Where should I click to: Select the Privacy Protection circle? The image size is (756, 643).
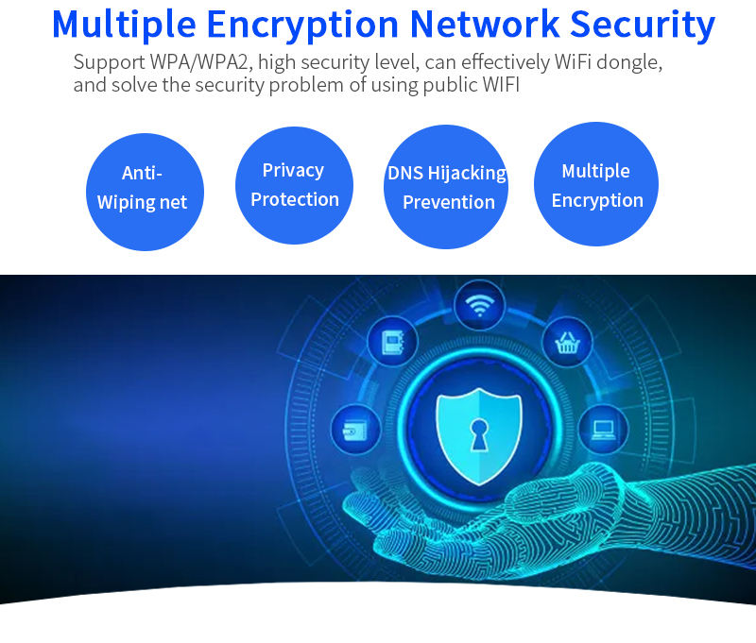(294, 186)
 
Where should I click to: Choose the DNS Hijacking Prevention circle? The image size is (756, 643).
(446, 187)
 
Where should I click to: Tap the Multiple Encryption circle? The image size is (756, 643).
(596, 184)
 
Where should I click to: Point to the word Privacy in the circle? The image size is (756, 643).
(293, 171)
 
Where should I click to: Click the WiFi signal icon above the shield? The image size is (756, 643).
(479, 306)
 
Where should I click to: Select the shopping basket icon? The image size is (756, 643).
(567, 342)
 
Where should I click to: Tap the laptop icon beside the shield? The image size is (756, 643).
(602, 430)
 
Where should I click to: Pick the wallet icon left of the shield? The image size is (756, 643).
(356, 431)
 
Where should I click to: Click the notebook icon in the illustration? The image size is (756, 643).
(392, 341)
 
